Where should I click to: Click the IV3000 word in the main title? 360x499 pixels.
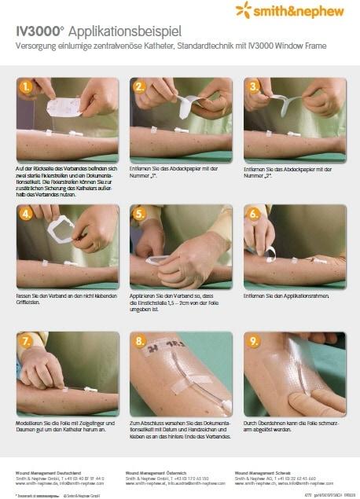(x=39, y=32)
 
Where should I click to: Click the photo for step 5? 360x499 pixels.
(x=180, y=246)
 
